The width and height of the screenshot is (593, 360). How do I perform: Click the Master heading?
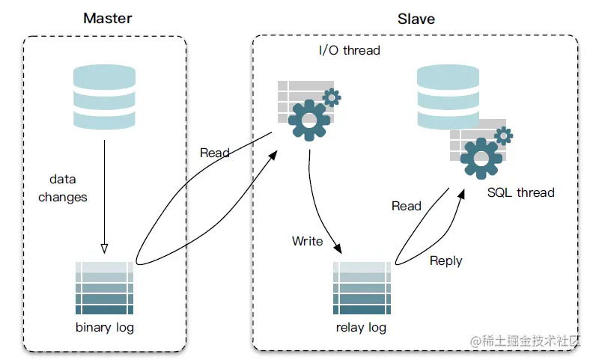pyautogui.click(x=108, y=18)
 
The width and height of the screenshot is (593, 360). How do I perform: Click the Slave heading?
pyautogui.click(x=416, y=19)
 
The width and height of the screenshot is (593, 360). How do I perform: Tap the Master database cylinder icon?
pyautogui.click(x=104, y=97)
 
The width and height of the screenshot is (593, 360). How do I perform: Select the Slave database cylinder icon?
pyautogui.click(x=448, y=97)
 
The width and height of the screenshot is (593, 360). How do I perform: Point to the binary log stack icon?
pyautogui.click(x=104, y=287)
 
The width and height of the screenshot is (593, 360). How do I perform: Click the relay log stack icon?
pyautogui.click(x=362, y=287)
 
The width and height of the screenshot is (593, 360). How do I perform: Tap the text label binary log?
pyautogui.click(x=105, y=328)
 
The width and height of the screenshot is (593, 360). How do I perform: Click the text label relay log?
pyautogui.click(x=361, y=328)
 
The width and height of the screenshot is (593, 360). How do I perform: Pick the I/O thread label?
pyautogui.click(x=350, y=50)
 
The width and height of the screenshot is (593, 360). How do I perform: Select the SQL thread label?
pyautogui.click(x=521, y=192)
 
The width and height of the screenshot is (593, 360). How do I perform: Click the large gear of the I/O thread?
pyautogui.click(x=309, y=120)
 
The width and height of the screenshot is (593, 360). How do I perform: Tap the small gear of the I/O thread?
pyautogui.click(x=332, y=98)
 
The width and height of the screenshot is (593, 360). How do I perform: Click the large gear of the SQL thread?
pyautogui.click(x=481, y=159)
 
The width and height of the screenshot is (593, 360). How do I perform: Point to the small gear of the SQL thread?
pyautogui.click(x=503, y=136)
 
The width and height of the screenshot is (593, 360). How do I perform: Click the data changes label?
pyautogui.click(x=63, y=188)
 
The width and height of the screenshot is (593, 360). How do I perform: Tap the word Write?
pyautogui.click(x=308, y=241)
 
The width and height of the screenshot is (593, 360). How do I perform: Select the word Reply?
pyautogui.click(x=446, y=261)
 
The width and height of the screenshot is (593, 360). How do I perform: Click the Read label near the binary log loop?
pyautogui.click(x=215, y=153)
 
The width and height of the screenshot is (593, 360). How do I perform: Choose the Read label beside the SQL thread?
pyautogui.click(x=407, y=206)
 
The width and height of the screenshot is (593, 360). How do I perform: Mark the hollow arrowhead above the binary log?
pyautogui.click(x=104, y=248)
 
